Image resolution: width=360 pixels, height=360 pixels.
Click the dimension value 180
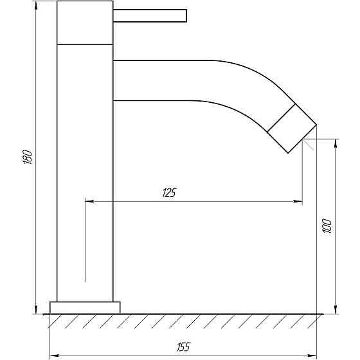28,157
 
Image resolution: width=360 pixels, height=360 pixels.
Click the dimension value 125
169,193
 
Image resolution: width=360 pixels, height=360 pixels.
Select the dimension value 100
327,226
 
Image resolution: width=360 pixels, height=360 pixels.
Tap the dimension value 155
183,347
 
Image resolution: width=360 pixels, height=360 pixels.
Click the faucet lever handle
150,16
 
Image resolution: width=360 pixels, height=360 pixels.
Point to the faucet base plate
85,308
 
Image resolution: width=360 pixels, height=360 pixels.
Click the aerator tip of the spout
292,128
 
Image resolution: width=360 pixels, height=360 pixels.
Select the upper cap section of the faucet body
85,22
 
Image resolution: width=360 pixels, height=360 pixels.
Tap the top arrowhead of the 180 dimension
36,6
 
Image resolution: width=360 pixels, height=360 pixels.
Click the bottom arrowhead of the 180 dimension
36,309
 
